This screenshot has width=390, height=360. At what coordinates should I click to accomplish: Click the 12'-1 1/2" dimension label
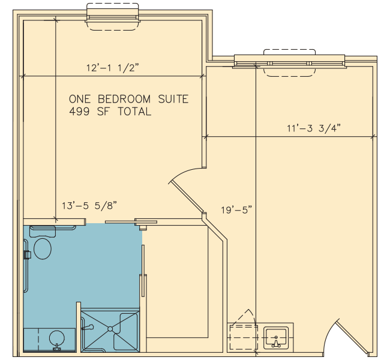coord(112,68)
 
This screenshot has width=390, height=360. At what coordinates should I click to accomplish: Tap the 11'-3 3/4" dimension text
coord(314,128)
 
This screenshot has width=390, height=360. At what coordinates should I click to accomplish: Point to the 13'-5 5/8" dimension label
coord(89,206)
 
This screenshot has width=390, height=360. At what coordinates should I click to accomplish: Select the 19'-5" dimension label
coord(236,210)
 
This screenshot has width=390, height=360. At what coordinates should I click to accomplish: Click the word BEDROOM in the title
coord(124,99)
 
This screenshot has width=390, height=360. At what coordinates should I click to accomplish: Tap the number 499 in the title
coord(79,112)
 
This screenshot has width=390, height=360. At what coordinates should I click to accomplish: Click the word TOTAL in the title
coord(134,112)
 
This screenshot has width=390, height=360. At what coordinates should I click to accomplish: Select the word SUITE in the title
coord(173,99)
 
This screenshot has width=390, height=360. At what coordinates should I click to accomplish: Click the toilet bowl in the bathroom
coord(43,249)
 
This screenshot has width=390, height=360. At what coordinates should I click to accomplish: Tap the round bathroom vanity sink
coord(57,338)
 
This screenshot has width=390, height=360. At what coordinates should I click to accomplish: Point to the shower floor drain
coord(110,329)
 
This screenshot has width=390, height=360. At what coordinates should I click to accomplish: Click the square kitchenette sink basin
coord(276,338)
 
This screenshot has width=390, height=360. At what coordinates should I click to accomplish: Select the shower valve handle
coord(88,328)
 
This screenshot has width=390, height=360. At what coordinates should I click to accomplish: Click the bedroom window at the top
coord(113,17)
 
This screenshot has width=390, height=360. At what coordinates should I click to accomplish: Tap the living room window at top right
coord(290,62)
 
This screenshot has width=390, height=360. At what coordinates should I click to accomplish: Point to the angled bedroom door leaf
coord(187,197)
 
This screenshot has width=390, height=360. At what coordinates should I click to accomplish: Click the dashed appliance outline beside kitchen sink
coord(243,337)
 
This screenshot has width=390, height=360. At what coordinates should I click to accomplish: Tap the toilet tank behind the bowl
coord(42,232)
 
